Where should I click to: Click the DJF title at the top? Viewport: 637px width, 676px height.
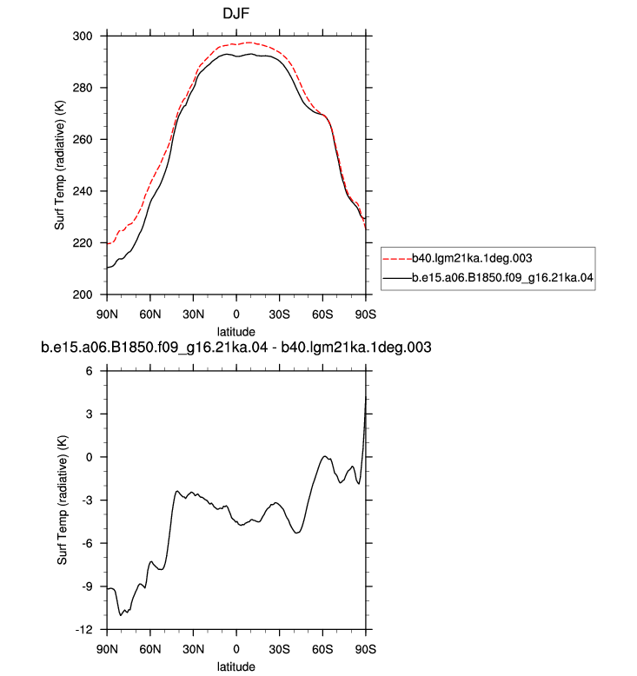tap(236, 13)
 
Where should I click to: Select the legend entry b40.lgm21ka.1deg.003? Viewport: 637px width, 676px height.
tap(472, 258)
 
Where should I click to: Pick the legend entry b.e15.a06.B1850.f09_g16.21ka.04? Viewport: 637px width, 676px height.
tap(502, 278)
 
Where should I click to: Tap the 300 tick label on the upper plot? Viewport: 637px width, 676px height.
tap(83, 36)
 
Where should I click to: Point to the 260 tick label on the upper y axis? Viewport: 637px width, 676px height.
tap(83, 140)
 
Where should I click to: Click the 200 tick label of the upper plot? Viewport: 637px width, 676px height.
tap(83, 295)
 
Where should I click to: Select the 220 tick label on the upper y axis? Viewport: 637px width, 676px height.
tap(83, 243)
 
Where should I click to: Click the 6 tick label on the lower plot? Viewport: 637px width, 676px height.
tap(89, 371)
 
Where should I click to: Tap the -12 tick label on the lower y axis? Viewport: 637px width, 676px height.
tap(83, 630)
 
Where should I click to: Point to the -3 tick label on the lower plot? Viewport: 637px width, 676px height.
tap(87, 500)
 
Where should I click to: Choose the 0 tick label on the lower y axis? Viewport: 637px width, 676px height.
tap(89, 457)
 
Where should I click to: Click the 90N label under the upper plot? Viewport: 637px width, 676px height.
tap(107, 315)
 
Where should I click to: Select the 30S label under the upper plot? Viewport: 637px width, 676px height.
tap(280, 315)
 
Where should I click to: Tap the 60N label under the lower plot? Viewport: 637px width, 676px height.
tap(150, 649)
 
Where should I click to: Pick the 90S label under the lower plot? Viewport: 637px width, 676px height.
tap(366, 649)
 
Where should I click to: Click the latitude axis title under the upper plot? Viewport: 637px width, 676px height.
tap(236, 332)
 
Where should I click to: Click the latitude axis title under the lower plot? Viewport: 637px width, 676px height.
tap(236, 666)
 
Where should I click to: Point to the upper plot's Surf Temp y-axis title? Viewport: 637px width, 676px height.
tap(59, 165)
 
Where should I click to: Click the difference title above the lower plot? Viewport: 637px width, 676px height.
tap(236, 348)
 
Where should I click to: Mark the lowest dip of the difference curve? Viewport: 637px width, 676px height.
tap(120, 615)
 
